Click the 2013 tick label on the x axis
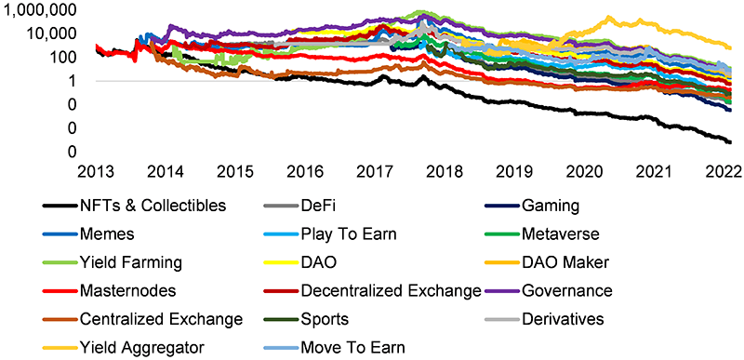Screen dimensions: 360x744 (x=96, y=170)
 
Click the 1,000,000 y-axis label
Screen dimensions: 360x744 (x=44, y=10)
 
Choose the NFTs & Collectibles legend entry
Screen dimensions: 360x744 (x=153, y=206)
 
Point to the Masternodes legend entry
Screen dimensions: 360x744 (x=123, y=291)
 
